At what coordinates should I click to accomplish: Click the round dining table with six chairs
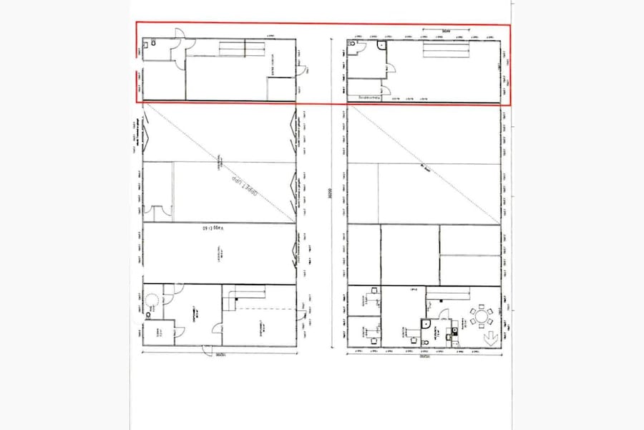[x=483, y=315]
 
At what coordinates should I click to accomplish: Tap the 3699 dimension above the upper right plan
[x=445, y=32]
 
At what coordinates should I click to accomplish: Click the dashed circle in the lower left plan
[x=152, y=298]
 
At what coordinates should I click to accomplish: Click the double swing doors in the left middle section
[x=159, y=213]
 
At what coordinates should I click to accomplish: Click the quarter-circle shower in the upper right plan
[x=381, y=45]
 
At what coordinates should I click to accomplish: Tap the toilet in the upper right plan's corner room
[x=353, y=44]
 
